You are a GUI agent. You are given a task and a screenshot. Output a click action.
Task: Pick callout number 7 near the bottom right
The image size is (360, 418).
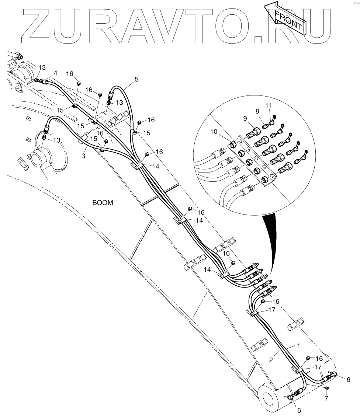coord(326,398)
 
